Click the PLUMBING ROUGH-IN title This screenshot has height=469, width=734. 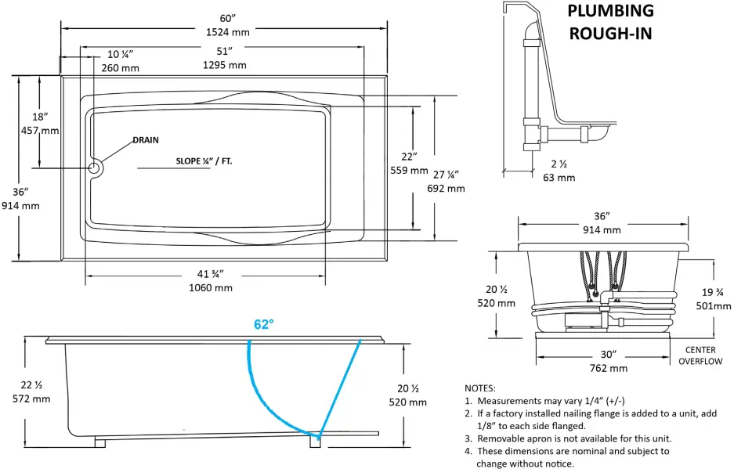(x=610, y=22)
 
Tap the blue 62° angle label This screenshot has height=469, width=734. (x=263, y=324)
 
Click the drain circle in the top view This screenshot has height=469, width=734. (x=95, y=168)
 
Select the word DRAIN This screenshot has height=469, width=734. (x=145, y=140)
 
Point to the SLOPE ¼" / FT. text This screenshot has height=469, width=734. (x=204, y=161)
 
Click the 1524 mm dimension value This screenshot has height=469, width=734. (x=227, y=32)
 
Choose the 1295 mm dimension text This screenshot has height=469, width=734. (x=225, y=65)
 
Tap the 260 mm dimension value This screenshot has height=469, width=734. (x=121, y=67)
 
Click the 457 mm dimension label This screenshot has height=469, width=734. (x=40, y=130)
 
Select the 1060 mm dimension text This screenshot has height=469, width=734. (x=212, y=287)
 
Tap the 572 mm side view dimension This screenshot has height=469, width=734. (x=31, y=399)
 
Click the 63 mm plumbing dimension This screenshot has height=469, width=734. (x=559, y=177)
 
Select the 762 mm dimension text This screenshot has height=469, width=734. (x=607, y=367)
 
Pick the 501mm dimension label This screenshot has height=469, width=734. (x=713, y=306)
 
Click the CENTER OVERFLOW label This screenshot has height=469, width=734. (x=700, y=355)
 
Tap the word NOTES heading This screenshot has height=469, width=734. (x=479, y=388)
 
